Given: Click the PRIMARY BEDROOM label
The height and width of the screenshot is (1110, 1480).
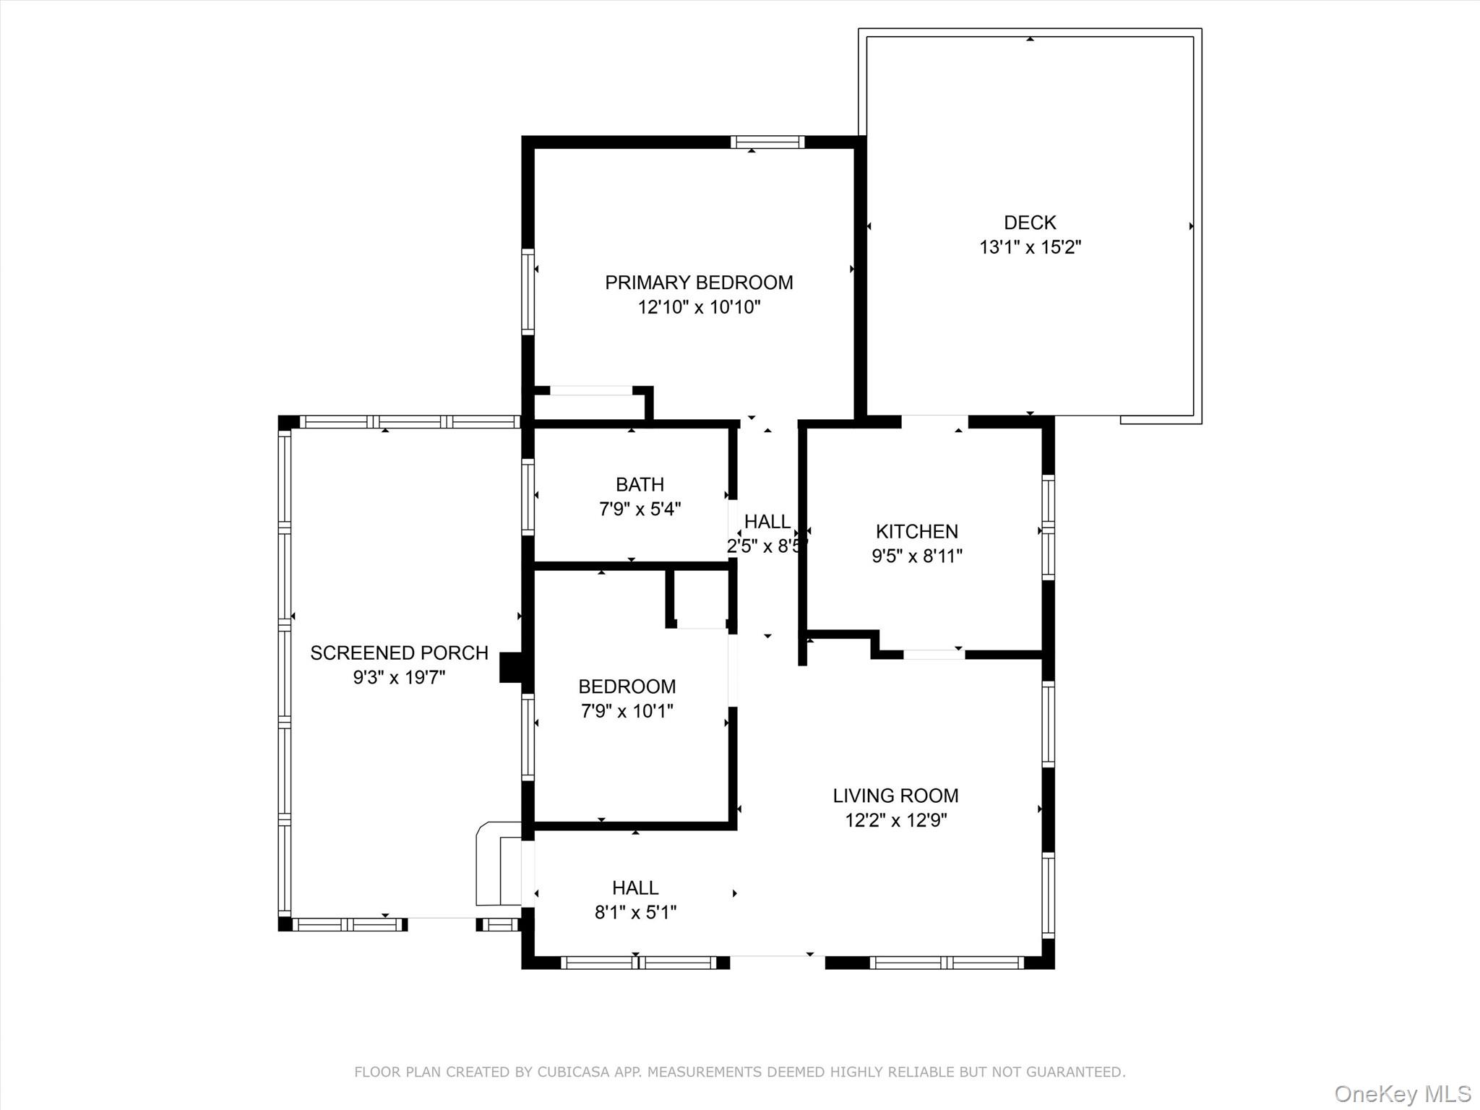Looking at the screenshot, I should pos(698,283).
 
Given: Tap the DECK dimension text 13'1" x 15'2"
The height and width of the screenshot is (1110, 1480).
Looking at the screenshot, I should pos(1029,248).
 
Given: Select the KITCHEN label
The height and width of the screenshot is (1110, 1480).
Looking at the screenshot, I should pos(916,532).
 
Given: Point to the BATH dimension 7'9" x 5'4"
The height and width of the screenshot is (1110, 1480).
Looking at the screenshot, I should pos(640,509).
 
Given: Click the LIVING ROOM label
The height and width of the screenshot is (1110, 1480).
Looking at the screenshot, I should pos(895,796).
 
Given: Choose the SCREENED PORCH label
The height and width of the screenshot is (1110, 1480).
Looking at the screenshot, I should pos(399,653).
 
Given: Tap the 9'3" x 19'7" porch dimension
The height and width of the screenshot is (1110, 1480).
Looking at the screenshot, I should pos(399,678).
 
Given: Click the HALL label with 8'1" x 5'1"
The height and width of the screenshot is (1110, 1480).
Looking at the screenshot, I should pos(634,887).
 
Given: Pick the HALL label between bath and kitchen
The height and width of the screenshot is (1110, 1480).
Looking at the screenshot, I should pos(767,522).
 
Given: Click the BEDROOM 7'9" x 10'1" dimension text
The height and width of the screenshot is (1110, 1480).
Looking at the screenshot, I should pos(627,711).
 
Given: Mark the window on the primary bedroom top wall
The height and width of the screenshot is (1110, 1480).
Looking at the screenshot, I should pos(767,142).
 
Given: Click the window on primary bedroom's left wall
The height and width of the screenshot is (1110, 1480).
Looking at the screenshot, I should pos(528,291).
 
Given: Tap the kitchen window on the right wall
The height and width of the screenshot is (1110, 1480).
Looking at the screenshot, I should pos(1047,527).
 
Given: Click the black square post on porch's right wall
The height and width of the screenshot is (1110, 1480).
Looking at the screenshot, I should pos(510,667).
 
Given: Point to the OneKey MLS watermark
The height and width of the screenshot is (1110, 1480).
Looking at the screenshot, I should pos(1402,1093).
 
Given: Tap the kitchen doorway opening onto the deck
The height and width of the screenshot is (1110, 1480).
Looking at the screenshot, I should pos(934,421).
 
